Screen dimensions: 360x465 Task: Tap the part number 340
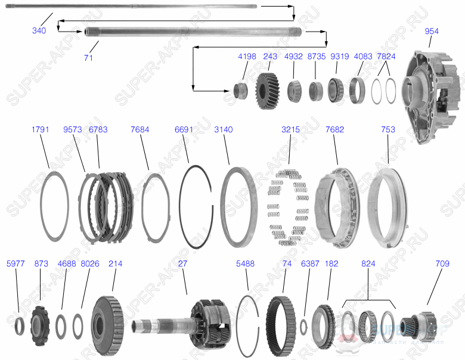point(39,30)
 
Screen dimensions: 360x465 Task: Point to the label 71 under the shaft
point(88,58)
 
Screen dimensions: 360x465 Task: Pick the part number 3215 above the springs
point(290,129)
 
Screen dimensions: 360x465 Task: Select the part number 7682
point(334,129)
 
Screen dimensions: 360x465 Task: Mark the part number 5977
point(15,263)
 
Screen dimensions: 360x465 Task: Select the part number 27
point(181,263)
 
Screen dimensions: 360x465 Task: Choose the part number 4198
point(247,57)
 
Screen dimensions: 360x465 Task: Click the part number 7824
point(386,57)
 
